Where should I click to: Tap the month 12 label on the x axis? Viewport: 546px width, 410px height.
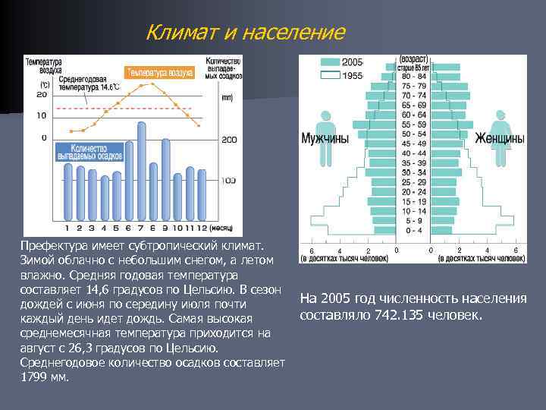click(201, 227)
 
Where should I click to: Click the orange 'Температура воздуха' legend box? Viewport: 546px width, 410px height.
click(160, 73)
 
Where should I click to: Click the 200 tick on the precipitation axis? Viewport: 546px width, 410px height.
click(229, 140)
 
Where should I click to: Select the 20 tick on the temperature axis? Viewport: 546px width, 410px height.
click(41, 95)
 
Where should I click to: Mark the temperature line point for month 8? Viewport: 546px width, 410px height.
click(154, 82)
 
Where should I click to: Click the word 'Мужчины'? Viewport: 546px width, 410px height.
click(325, 139)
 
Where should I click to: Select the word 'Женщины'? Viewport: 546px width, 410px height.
click(500, 139)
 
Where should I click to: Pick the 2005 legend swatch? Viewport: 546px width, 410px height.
click(331, 61)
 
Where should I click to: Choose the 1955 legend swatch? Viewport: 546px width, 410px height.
click(331, 75)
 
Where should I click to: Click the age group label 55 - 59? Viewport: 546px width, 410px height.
click(414, 124)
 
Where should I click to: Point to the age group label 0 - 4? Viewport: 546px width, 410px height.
click(414, 230)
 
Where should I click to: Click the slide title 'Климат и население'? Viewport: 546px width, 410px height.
click(245, 33)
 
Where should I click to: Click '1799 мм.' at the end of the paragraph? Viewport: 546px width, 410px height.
click(45, 377)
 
